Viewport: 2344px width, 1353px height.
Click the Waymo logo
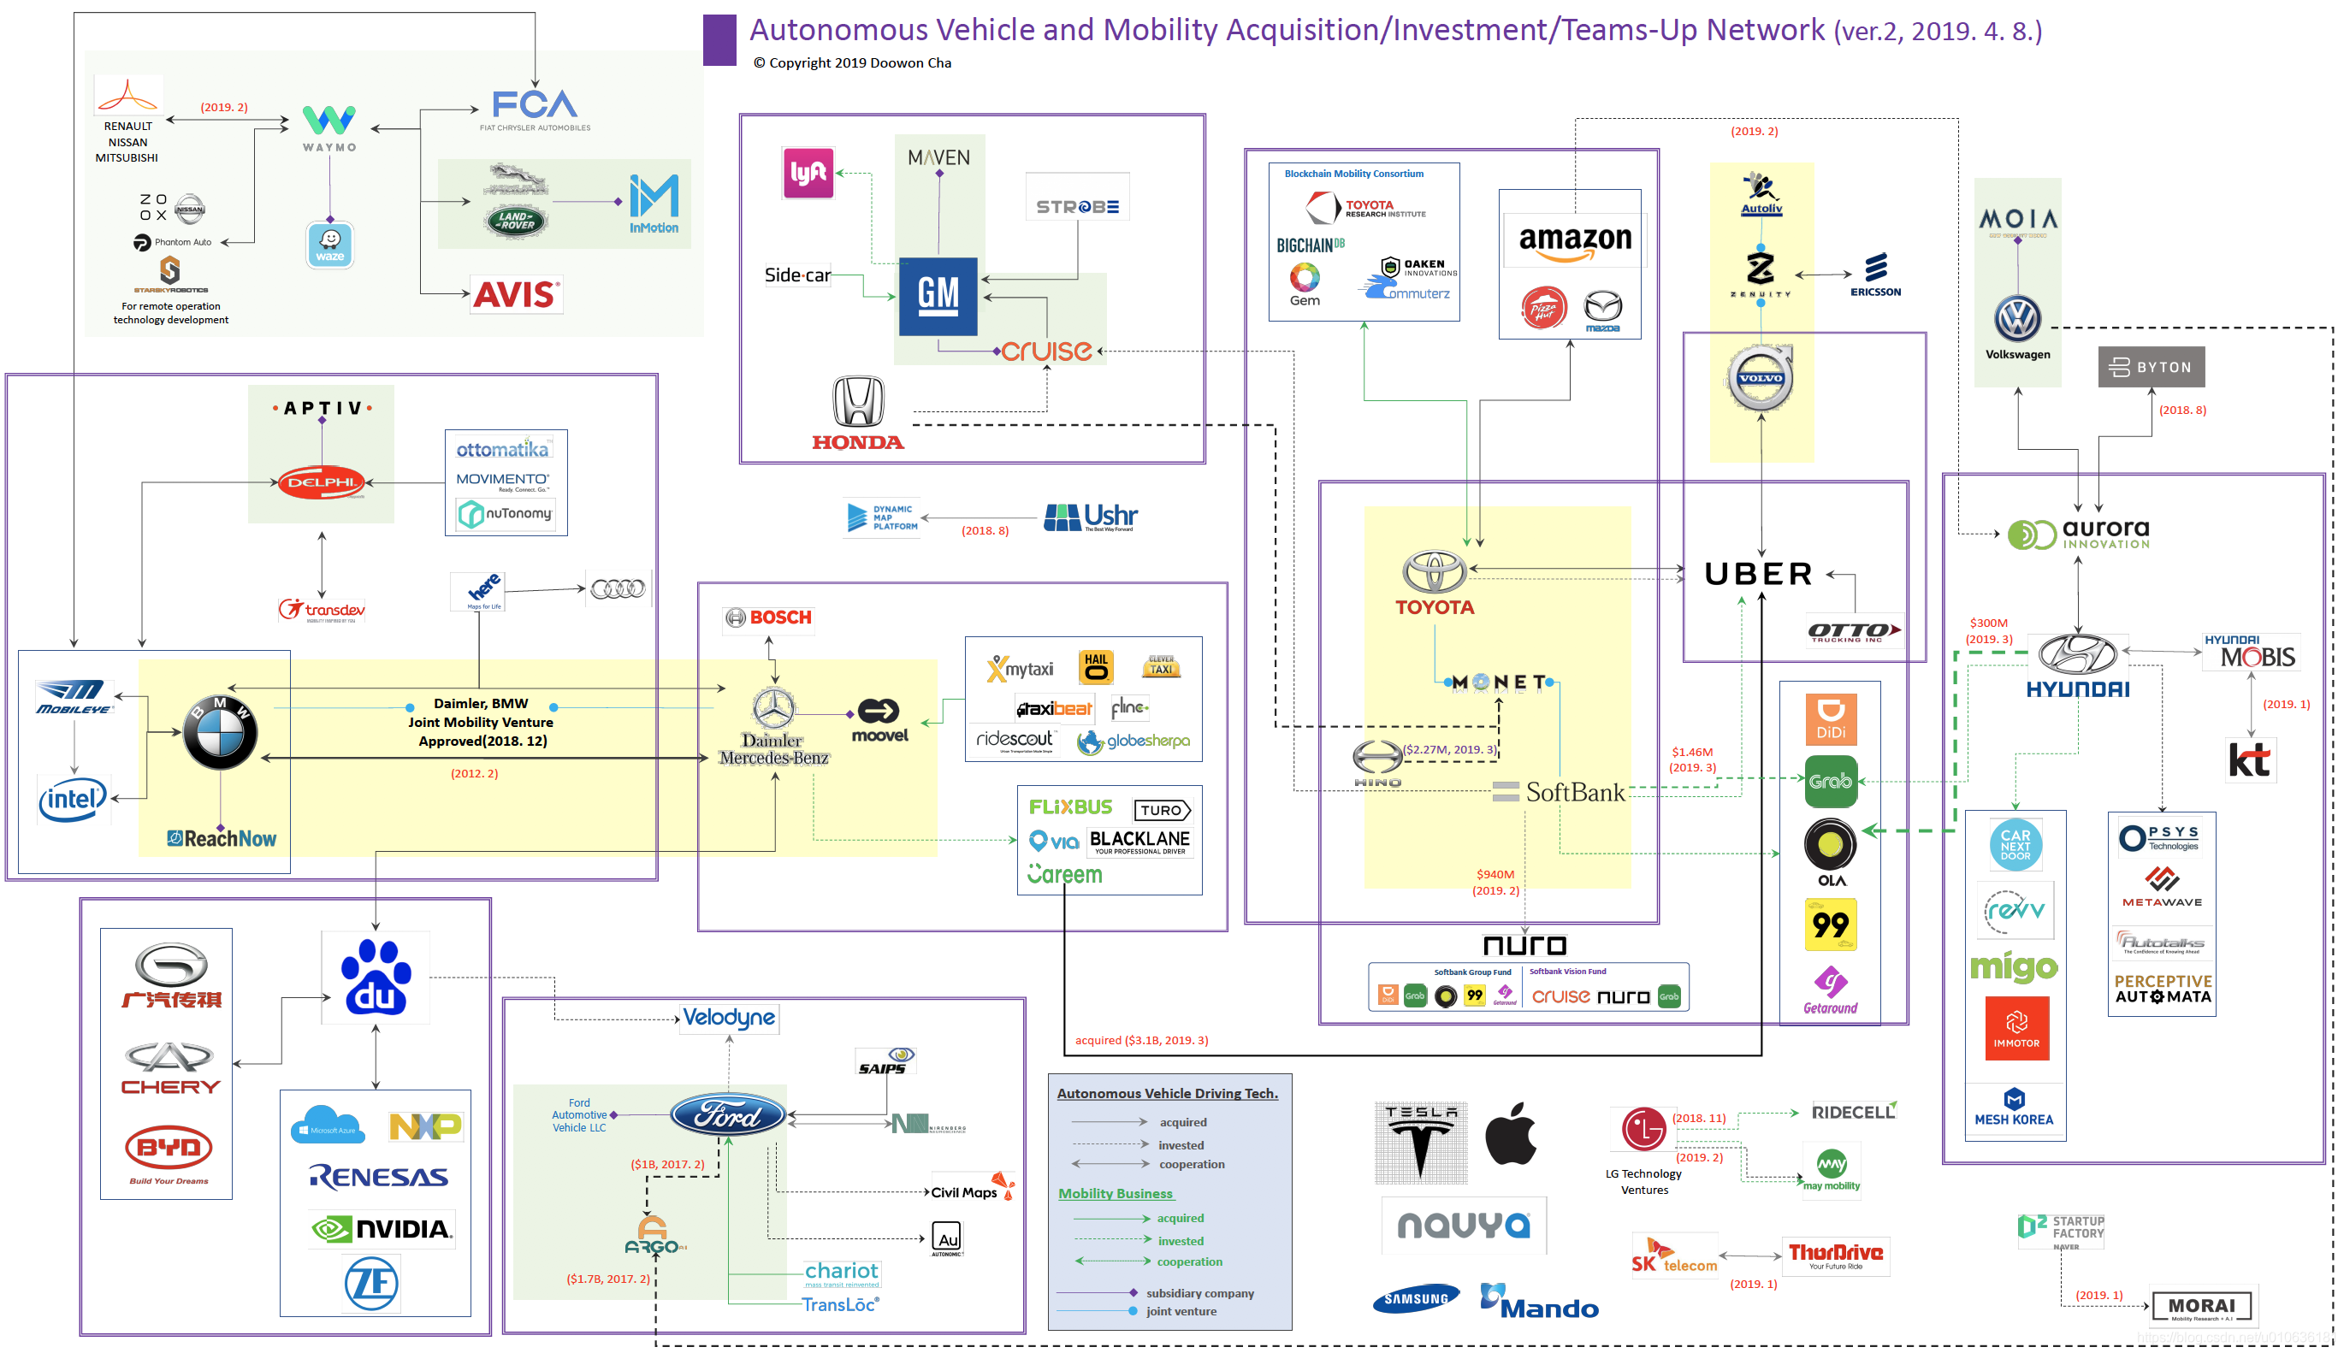pyautogui.click(x=329, y=128)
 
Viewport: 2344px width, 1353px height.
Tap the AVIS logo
pyautogui.click(x=515, y=296)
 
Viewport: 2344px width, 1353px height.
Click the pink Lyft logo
pyautogui.click(x=807, y=173)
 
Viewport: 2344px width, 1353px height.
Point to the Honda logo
pyautogui.click(x=857, y=415)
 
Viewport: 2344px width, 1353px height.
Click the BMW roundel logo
pyautogui.click(x=219, y=732)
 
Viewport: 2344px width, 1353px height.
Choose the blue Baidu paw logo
pyautogui.click(x=376, y=978)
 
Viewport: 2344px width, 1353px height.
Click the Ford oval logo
pyautogui.click(x=727, y=1115)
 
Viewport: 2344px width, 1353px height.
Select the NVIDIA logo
pyautogui.click(x=382, y=1229)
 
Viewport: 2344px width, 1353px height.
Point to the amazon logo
pyautogui.click(x=1574, y=239)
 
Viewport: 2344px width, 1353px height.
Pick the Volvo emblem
pyautogui.click(x=1760, y=378)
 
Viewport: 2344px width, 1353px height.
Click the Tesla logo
pyautogui.click(x=1420, y=1141)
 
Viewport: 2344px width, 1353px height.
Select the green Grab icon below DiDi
pyautogui.click(x=1829, y=782)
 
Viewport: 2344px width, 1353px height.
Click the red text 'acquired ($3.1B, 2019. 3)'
pyautogui.click(x=1141, y=1040)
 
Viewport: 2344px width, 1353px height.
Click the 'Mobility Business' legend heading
pyautogui.click(x=1115, y=1193)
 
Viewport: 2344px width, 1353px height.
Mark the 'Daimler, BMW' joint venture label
pyautogui.click(x=481, y=704)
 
